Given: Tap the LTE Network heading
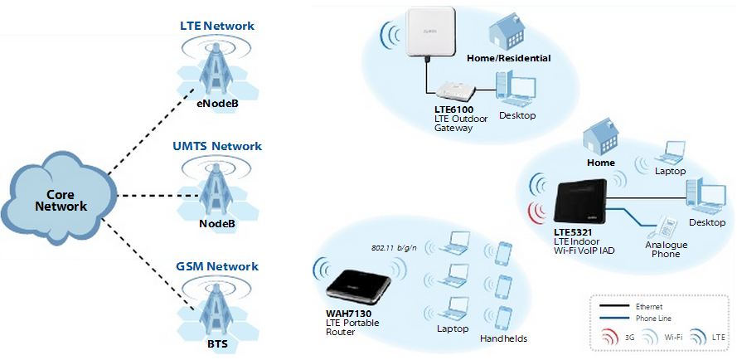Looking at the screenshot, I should [x=216, y=26].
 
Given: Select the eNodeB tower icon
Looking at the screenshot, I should [x=216, y=70].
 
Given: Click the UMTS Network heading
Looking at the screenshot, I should [x=216, y=146].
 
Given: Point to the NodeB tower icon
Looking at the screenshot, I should [x=216, y=190].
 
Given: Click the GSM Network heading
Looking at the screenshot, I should [x=216, y=266].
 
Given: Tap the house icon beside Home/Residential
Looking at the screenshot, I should [x=508, y=31].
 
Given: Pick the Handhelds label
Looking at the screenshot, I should [x=503, y=338].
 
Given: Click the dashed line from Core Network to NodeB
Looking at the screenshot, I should [x=158, y=197].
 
